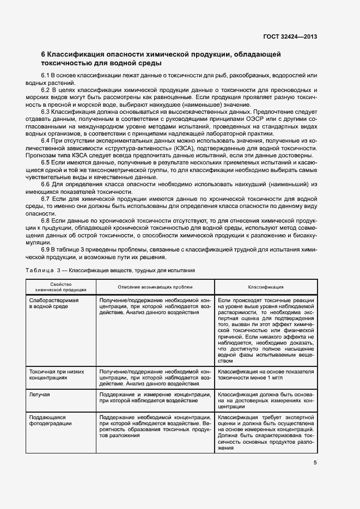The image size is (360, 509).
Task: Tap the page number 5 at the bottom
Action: [x=315, y=463]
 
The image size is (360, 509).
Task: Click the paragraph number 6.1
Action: [x=46, y=75]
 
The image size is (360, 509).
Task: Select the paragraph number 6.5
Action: [x=46, y=162]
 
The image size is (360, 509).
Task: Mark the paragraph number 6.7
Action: [x=46, y=199]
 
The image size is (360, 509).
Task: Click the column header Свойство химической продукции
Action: [x=60, y=287]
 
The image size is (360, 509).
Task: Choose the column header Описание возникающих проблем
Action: [x=155, y=287]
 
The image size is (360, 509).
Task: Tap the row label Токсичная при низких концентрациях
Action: [x=58, y=374]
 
